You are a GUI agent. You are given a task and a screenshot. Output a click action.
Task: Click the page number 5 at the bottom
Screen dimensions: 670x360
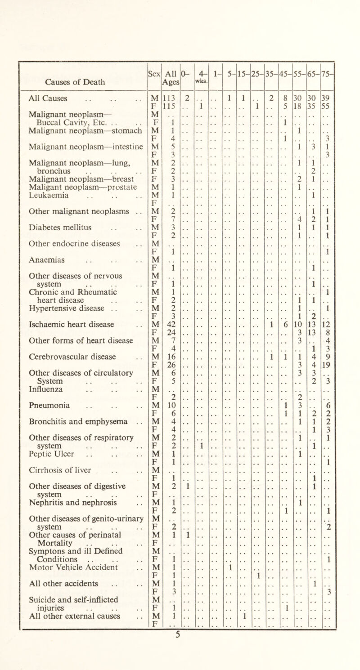pyautogui.click(x=179, y=664)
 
